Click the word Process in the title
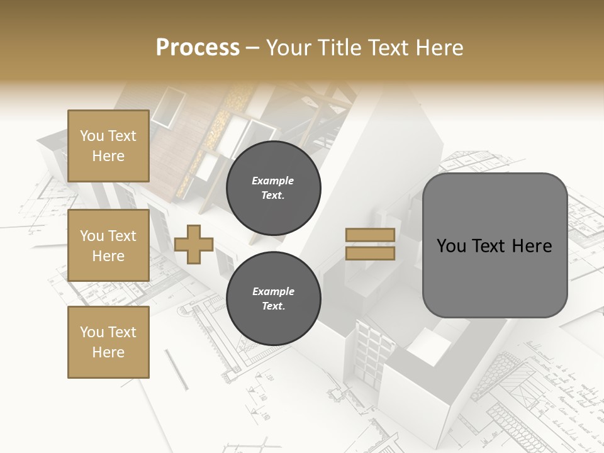point(198,47)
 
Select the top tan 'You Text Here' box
point(108,146)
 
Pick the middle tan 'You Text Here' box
point(108,245)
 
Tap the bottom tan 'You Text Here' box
point(108,342)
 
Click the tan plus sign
point(194,244)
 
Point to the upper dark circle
point(273,188)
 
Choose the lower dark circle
point(273,299)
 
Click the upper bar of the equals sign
point(371,235)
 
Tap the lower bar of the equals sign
point(371,253)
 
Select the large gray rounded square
point(495,245)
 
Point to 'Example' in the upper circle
point(273,181)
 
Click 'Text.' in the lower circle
point(273,306)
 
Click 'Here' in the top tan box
point(108,156)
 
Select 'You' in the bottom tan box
point(92,332)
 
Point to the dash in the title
point(253,48)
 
